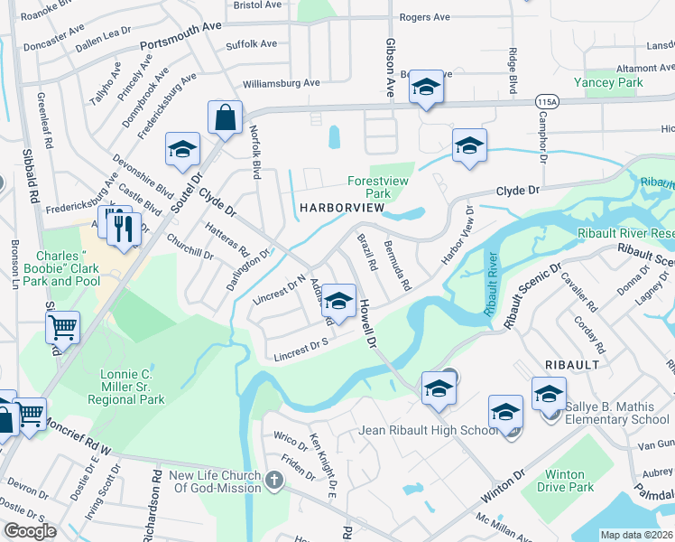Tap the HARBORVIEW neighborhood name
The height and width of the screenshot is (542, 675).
[x=343, y=209]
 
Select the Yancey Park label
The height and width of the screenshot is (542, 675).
[x=614, y=82]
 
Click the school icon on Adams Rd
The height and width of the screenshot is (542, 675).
[x=338, y=303]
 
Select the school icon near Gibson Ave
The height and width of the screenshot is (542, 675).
[x=427, y=89]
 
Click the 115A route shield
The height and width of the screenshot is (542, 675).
[x=547, y=102]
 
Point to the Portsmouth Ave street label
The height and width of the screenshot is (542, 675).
[x=181, y=46]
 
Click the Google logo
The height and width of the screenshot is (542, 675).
[x=31, y=531]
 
